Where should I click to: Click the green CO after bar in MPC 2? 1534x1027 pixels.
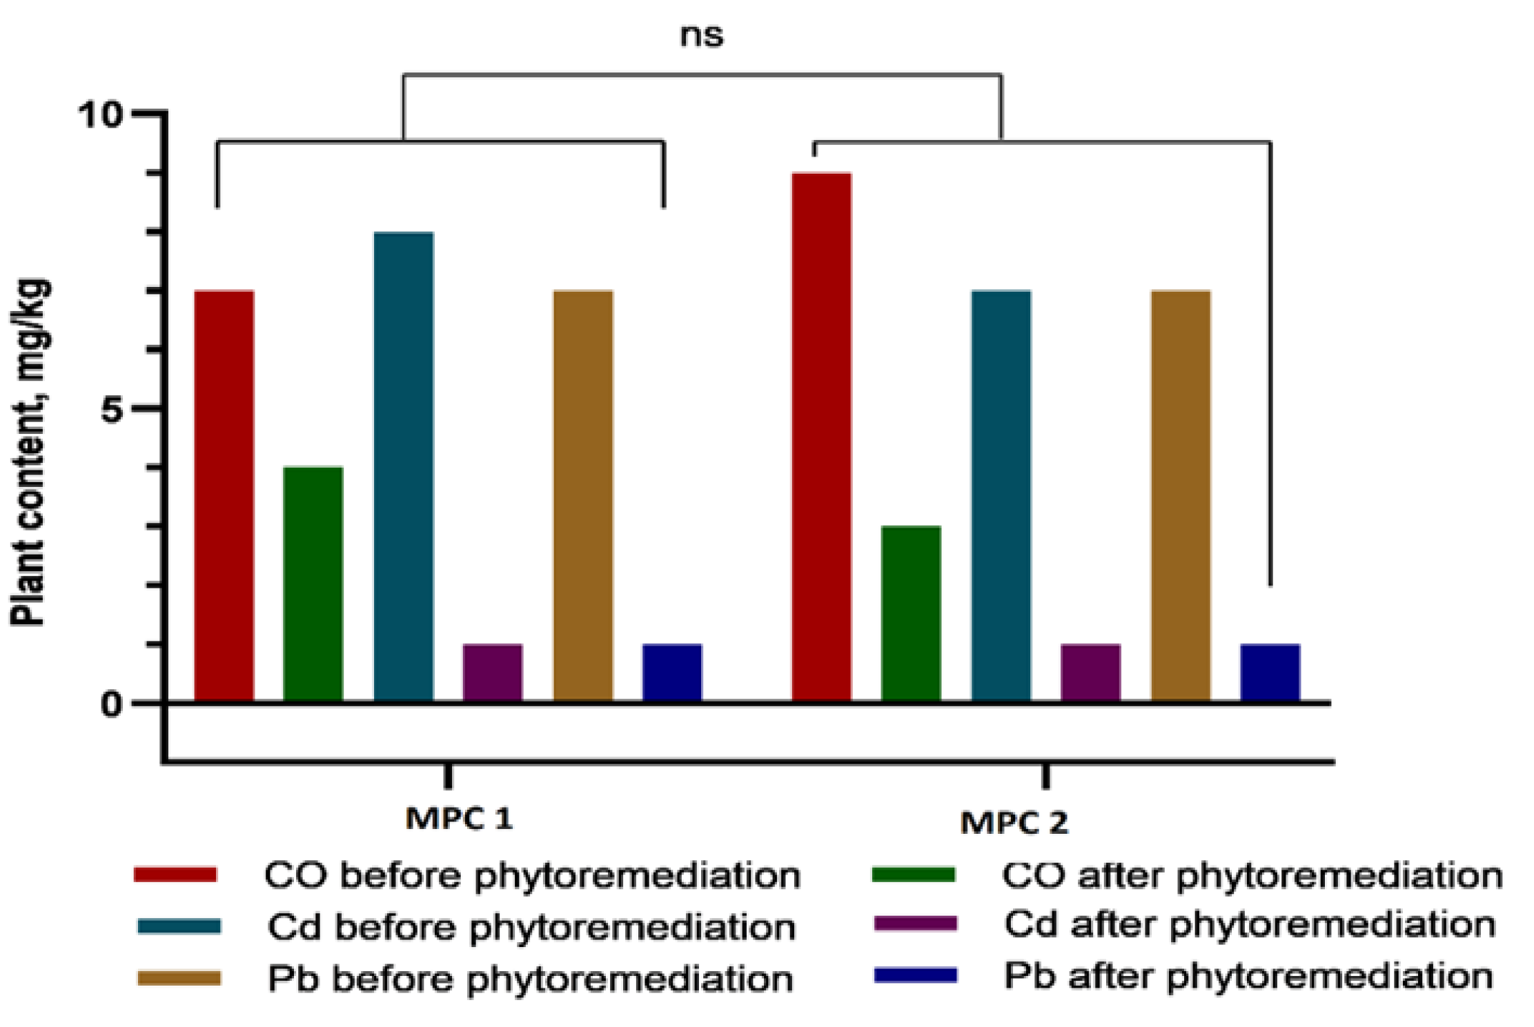point(912,613)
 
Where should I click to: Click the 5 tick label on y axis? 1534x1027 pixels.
point(110,410)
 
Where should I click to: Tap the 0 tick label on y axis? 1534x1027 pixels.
point(110,705)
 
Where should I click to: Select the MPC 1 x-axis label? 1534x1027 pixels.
point(460,819)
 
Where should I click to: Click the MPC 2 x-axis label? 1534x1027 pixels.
point(1014,822)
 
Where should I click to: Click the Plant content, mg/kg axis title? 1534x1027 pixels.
point(29,452)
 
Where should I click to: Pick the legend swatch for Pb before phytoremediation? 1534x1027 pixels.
point(179,978)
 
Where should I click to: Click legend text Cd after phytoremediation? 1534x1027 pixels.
point(1250,924)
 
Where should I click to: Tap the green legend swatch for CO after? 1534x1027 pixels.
point(913,875)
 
